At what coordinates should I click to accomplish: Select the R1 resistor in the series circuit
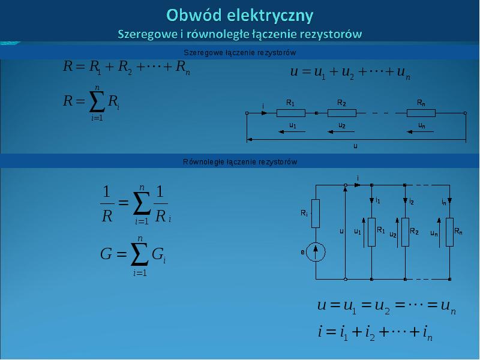[x=291, y=113]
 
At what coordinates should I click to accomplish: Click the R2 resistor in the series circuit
[x=342, y=113]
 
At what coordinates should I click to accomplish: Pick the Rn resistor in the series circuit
[x=421, y=113]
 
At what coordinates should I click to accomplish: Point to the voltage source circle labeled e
[x=316, y=251]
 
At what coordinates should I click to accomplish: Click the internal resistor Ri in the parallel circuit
[x=316, y=214]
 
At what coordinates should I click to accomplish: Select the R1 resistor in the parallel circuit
[x=371, y=232]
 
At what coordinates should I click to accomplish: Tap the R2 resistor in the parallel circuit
[x=406, y=232]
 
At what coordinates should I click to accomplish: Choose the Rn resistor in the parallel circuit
[x=449, y=232]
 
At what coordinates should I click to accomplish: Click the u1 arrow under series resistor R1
[x=292, y=132]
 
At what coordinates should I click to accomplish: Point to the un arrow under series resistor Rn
[x=421, y=132]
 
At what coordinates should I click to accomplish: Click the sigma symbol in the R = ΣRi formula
[x=97, y=101]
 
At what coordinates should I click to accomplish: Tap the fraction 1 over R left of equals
[x=107, y=204]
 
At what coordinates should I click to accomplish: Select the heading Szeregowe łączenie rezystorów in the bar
[x=239, y=53]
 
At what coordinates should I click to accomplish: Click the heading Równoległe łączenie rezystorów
[x=239, y=161]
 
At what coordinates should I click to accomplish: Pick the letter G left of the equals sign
[x=106, y=254]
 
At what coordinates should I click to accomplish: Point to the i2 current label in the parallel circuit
[x=412, y=202]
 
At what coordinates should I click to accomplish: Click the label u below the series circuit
[x=355, y=146]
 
